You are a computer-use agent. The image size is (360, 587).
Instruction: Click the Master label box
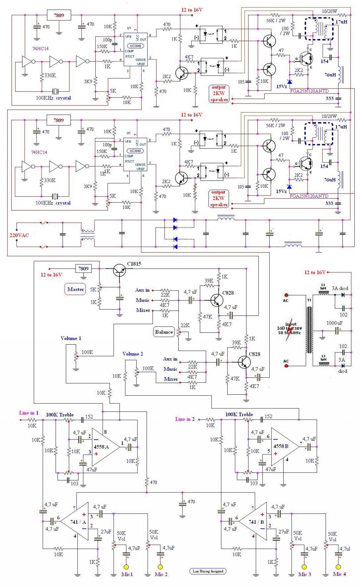coord(76,289)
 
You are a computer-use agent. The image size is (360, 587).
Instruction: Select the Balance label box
coord(164,332)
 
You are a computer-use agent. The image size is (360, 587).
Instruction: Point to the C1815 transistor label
coord(134,264)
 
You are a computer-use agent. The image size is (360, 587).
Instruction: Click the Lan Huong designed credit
coord(208,571)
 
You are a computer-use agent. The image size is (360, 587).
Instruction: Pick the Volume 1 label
coord(71,338)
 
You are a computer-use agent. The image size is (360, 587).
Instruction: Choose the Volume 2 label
coord(133,354)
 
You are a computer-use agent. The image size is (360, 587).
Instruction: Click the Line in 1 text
coord(29,413)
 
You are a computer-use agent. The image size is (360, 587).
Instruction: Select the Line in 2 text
coord(185,419)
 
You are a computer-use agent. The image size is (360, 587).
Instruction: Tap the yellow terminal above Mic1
coord(126,567)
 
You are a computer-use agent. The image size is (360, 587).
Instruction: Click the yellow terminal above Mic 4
coord(338,567)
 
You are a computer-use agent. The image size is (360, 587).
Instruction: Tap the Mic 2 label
coord(161,574)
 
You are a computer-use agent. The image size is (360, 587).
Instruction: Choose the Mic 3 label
coord(304,574)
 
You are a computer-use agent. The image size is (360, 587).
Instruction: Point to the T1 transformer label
coord(309,300)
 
